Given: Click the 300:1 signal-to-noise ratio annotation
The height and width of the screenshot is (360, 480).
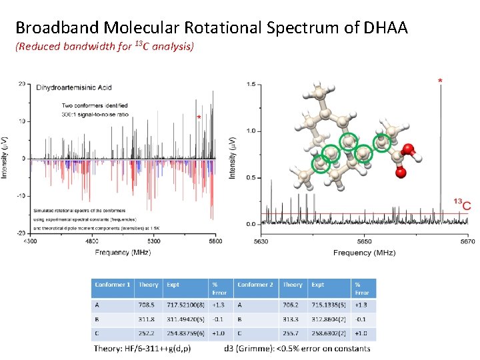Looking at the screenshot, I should [x=94, y=114].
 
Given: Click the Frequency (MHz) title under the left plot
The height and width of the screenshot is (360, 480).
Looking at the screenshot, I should [x=123, y=253].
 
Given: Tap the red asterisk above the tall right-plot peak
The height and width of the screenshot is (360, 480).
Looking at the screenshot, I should [x=439, y=81].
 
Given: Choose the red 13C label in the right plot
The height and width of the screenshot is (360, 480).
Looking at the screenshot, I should [x=461, y=205].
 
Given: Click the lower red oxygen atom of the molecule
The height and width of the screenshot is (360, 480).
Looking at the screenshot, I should [x=401, y=173].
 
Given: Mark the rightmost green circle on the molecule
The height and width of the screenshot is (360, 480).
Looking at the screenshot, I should [x=381, y=141].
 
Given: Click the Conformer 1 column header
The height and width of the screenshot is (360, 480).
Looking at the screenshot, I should [x=113, y=285].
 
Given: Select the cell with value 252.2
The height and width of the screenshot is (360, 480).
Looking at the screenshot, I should [x=146, y=333].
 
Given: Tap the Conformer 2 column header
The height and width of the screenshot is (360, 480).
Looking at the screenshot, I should [x=255, y=285].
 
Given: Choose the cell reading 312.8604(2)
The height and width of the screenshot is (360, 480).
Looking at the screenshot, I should [x=327, y=319].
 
